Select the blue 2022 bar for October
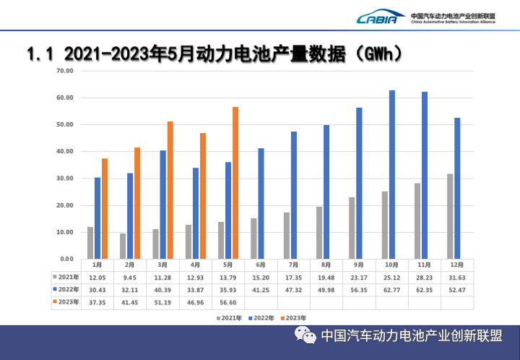[x=392, y=174]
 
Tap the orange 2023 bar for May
[x=235, y=182]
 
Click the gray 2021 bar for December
[x=450, y=215]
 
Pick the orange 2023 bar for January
[x=105, y=208]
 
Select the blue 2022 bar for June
[x=261, y=203]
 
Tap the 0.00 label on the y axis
[x=66, y=259]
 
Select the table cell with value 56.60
[x=228, y=301]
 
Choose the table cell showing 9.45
[x=130, y=277]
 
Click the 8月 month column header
[x=326, y=265]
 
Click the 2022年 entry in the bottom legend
[x=261, y=317]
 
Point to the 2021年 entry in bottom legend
[x=228, y=317]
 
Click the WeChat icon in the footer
[x=304, y=336]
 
